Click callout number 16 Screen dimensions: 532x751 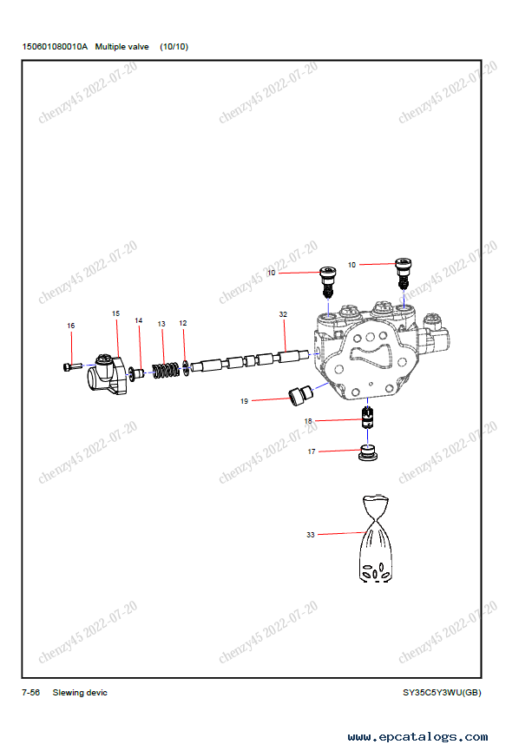coord(71,326)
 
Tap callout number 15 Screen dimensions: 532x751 coord(116,313)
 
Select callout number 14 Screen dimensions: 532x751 coord(138,320)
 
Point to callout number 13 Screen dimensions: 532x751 coord(161,324)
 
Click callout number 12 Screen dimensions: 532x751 coord(183,323)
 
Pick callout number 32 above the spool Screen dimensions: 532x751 coord(283,314)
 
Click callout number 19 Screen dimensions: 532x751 coord(244,401)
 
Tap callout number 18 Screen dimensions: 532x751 coord(308,421)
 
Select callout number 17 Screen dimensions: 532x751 coord(312,451)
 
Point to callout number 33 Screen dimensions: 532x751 coord(311,535)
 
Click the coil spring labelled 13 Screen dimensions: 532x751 coord(166,370)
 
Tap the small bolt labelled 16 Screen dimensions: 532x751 coord(72,367)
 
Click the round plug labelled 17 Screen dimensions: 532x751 coord(368,453)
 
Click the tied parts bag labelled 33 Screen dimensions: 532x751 coord(376,538)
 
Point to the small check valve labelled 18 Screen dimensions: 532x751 coord(367,417)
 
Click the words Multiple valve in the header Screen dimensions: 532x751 coord(122,47)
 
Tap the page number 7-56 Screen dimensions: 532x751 coord(30,693)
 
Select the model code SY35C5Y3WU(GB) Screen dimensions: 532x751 coord(442,693)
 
